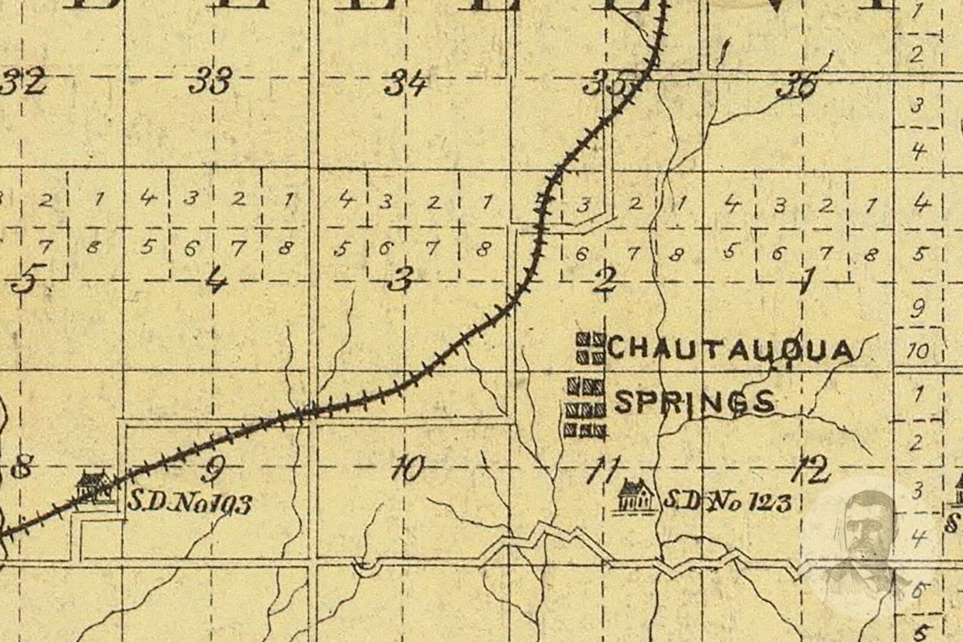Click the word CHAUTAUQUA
[x=731, y=350]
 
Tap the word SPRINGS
[x=695, y=402]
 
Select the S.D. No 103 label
[x=189, y=503]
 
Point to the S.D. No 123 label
[x=727, y=501]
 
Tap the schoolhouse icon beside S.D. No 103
[x=94, y=485]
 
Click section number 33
[x=210, y=81]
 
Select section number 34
[x=406, y=82]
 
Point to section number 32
[x=24, y=81]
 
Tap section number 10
[x=407, y=469]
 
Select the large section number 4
[x=215, y=280]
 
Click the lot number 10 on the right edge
[x=918, y=350]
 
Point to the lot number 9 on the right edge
[x=918, y=309]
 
